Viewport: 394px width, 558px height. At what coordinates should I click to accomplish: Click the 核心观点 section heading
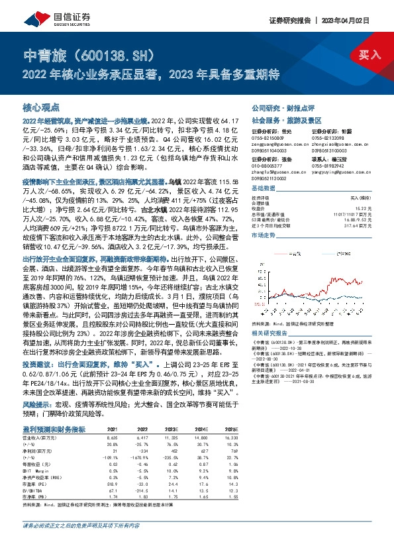41,107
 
